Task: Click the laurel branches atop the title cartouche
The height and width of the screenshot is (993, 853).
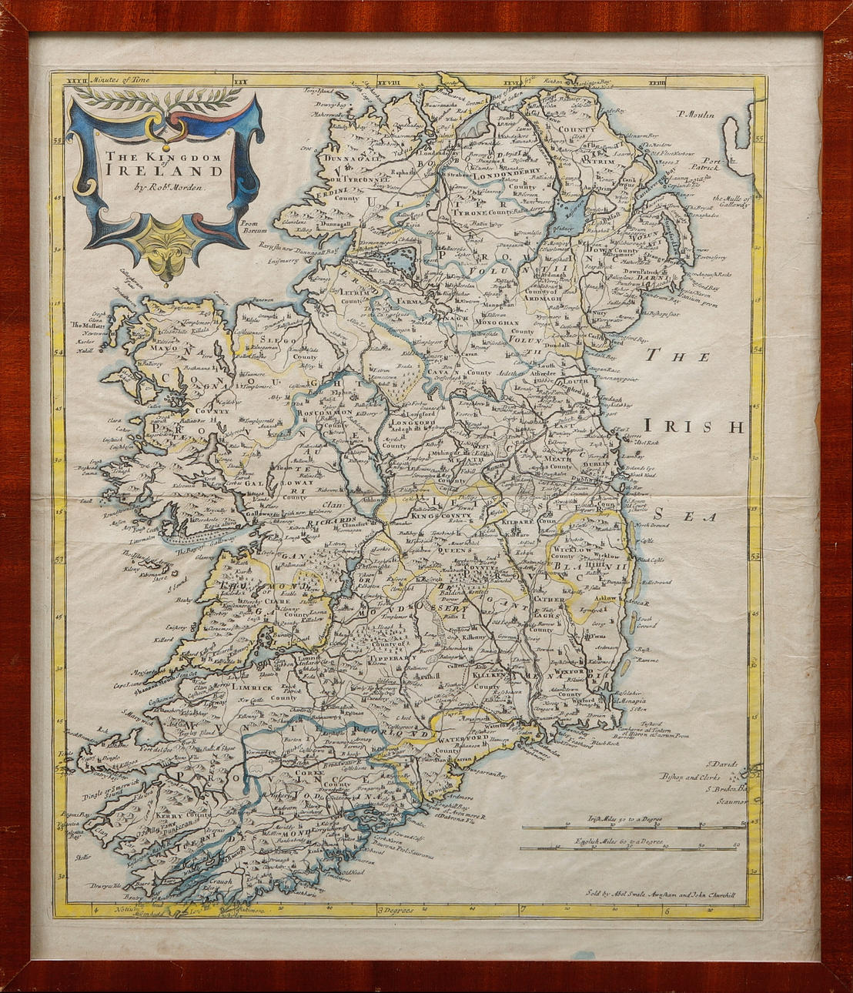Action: (x=162, y=97)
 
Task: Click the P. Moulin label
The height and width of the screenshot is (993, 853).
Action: (x=697, y=115)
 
